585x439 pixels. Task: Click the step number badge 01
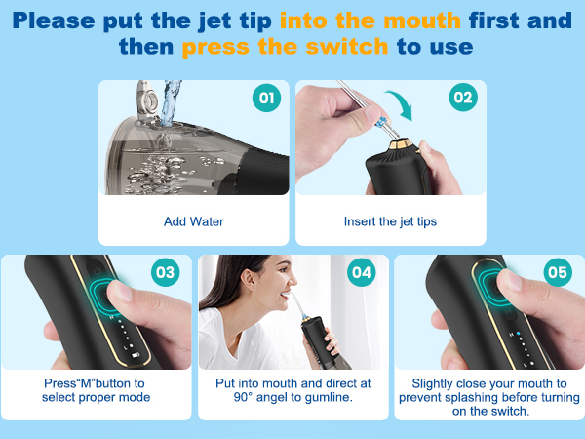tap(266, 98)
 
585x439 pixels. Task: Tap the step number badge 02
tap(463, 98)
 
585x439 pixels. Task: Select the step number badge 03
tap(166, 272)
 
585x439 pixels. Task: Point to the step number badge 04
tap(362, 272)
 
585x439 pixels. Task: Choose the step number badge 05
tap(558, 272)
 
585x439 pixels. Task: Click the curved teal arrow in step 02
tap(404, 101)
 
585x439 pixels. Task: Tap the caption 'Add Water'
tap(194, 221)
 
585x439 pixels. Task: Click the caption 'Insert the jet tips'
tap(390, 221)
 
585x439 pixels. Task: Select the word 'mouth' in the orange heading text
tap(422, 20)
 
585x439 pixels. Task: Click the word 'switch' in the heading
tap(347, 47)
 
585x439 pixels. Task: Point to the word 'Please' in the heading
tap(54, 20)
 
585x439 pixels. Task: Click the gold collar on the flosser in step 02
tap(401, 143)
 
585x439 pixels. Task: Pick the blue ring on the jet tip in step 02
tap(382, 122)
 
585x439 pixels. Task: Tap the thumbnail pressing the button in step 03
tap(120, 292)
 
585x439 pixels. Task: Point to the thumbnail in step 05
tap(510, 280)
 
